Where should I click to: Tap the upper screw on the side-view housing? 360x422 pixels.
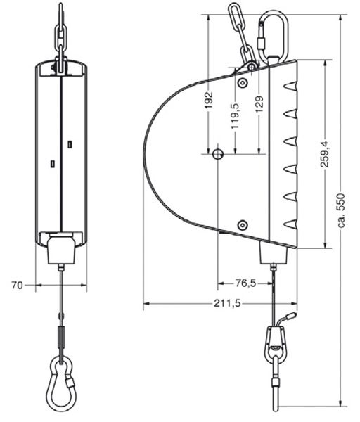(x=243, y=82)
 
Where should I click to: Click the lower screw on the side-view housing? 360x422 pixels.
(x=243, y=225)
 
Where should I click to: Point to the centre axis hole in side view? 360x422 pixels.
(x=218, y=153)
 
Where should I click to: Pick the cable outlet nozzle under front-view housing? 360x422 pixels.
(x=61, y=250)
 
